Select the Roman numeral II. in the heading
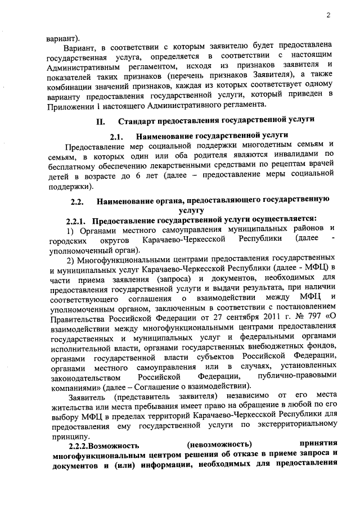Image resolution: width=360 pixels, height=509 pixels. [x=101, y=121]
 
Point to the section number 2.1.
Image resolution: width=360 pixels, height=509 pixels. [x=116, y=136]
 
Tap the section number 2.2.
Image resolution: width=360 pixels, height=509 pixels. [x=77, y=201]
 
